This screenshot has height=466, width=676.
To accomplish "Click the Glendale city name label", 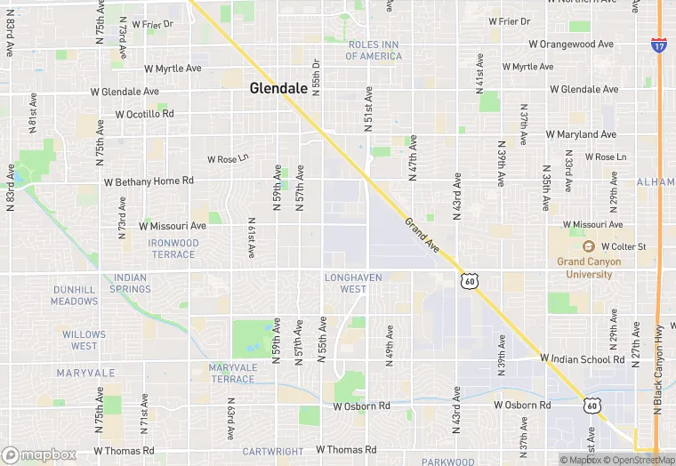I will point(278,88).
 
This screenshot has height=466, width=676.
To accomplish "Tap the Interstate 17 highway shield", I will point(658,44).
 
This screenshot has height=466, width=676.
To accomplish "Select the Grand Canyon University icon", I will point(588,246).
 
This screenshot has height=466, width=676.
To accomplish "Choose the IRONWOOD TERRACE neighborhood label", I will point(173,249).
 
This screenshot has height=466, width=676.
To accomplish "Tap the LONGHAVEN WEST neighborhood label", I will point(353,284).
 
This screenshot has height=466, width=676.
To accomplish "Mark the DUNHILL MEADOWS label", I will point(75,295).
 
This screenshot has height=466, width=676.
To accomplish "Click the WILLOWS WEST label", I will point(84,340).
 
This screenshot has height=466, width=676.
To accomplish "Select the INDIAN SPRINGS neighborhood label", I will point(130,284).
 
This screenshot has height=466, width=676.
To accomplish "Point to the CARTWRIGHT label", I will point(273,451).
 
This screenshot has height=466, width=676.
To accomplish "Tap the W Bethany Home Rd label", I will point(149,181).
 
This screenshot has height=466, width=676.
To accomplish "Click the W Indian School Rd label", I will point(582,359).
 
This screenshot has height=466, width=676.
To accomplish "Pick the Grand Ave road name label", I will point(422,235).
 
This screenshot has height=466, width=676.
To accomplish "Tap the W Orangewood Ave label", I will point(571,44).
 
